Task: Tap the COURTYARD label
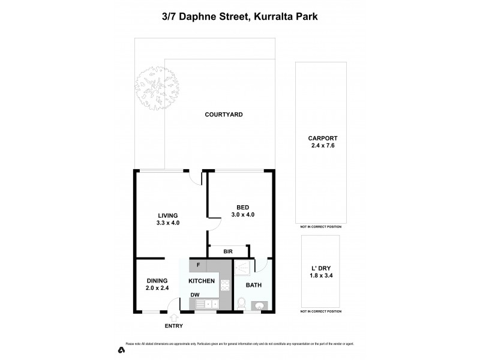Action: (223, 115)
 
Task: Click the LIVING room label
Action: (168, 219)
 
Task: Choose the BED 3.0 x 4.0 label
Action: (242, 211)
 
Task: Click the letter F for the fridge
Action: (199, 265)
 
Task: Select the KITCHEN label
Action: (202, 281)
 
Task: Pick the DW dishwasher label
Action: (196, 295)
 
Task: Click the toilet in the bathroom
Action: (242, 304)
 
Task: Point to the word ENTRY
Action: (173, 326)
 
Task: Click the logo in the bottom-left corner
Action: (121, 349)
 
